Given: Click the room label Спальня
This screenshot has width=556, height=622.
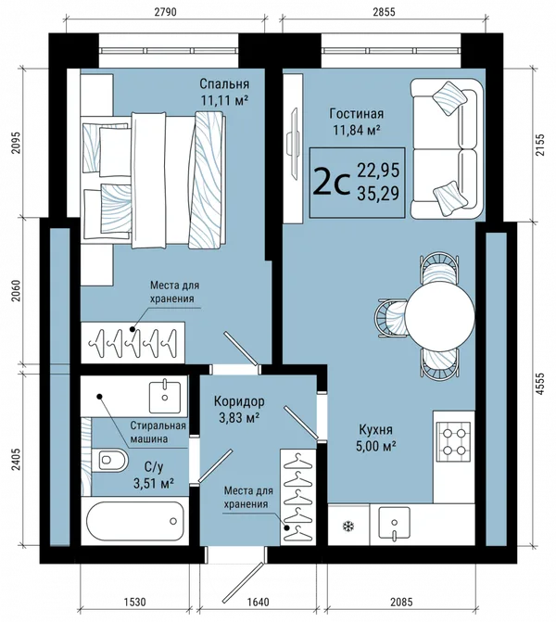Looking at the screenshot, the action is [224, 83].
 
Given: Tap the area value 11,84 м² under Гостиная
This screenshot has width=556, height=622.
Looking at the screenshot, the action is [357, 130].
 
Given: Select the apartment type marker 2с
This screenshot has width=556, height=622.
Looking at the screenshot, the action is [332, 183].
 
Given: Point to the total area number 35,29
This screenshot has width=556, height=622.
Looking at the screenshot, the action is [378, 194].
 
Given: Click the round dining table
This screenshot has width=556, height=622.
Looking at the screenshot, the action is [440, 316].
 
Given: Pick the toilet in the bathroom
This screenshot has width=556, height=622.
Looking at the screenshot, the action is [110, 460].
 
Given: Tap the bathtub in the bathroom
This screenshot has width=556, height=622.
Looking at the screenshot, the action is [135, 520].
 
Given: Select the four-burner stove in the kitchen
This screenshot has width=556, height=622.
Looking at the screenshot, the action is [454, 441].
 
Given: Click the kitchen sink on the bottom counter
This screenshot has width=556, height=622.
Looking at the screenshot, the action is [394, 523].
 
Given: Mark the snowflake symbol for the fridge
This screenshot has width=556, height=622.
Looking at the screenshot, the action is [348, 527].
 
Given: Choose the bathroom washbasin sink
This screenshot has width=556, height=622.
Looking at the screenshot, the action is [165, 397].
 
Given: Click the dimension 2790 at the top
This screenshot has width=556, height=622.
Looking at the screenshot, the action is [165, 12].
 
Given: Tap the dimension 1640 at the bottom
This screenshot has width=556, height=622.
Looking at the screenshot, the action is [258, 602].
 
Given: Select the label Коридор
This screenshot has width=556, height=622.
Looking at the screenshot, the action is [239, 401].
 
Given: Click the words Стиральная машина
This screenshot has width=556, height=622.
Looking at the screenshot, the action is [158, 432].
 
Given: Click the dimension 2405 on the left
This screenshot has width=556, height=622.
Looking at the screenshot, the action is [16, 460].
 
